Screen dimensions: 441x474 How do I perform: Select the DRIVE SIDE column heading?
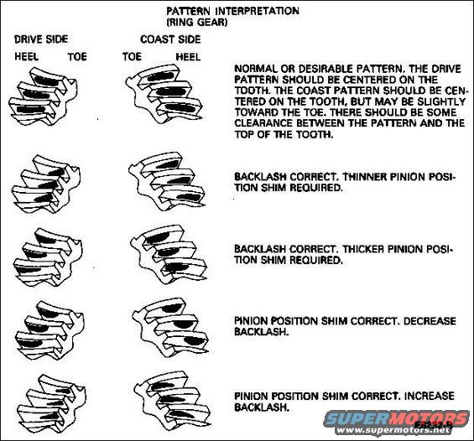[x=41, y=38]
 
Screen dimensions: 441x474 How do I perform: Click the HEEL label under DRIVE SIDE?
[x=26, y=56]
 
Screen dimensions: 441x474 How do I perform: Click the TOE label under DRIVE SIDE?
[x=76, y=56]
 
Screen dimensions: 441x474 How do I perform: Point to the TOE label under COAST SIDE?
[x=131, y=56]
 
